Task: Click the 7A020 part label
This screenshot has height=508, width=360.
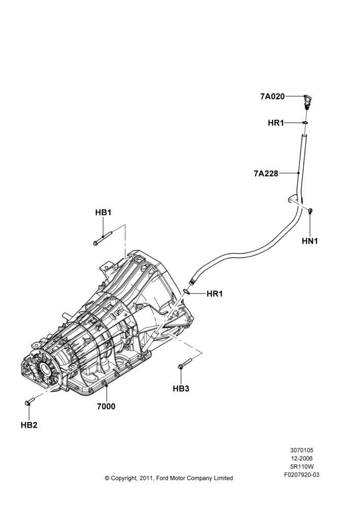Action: [272, 96]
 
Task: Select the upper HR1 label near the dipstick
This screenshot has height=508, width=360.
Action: [276, 123]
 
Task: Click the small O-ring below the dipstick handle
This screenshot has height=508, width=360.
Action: [305, 123]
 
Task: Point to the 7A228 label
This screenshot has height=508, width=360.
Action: [266, 174]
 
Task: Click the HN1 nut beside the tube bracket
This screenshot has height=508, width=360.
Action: [310, 211]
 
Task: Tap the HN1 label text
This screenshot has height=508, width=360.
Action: [310, 241]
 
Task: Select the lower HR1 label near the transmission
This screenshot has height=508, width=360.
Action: [215, 294]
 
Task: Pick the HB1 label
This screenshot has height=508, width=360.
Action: [103, 212]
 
